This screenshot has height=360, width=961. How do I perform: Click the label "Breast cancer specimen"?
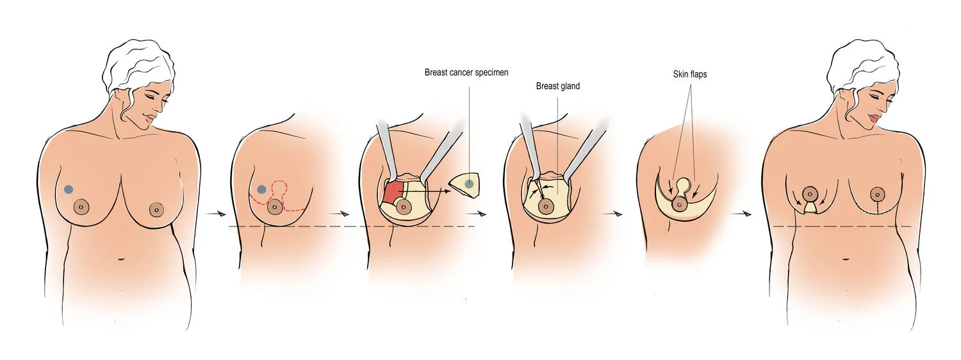pos(466,72)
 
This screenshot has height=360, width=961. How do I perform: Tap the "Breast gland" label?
pos(557,86)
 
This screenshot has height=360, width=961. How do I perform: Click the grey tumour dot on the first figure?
pos(69,189)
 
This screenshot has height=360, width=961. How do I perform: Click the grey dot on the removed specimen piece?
pos(470,184)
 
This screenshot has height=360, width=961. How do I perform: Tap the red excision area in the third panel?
pos(393,192)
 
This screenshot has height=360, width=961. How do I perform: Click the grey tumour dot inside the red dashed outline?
pos(261,190)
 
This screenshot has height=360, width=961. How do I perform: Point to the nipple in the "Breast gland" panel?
pos(546,206)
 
